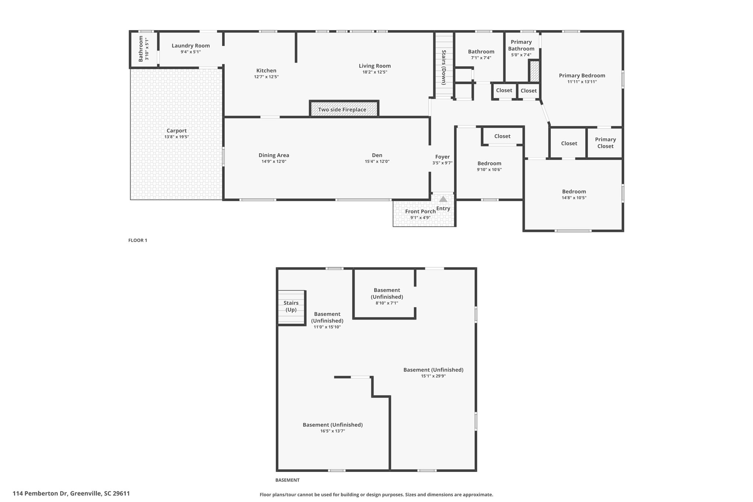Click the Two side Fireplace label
[x=342, y=110]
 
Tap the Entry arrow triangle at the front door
[x=443, y=199]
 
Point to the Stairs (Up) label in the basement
[x=291, y=306]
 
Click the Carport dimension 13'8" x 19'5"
[x=176, y=137]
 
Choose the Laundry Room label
[x=191, y=46]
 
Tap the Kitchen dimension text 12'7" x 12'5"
[x=266, y=77]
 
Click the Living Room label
[x=375, y=66]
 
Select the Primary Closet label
[x=605, y=143]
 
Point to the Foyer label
[x=442, y=157]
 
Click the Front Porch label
[x=420, y=211]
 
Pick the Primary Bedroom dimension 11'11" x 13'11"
[x=582, y=82]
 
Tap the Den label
[x=377, y=155]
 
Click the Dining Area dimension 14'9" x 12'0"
[x=274, y=161]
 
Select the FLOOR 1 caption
[x=138, y=241]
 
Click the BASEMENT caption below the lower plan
[x=287, y=480]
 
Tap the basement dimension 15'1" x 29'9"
[x=433, y=376]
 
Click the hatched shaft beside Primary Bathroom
[x=534, y=71]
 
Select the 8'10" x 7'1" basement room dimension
[x=387, y=303]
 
